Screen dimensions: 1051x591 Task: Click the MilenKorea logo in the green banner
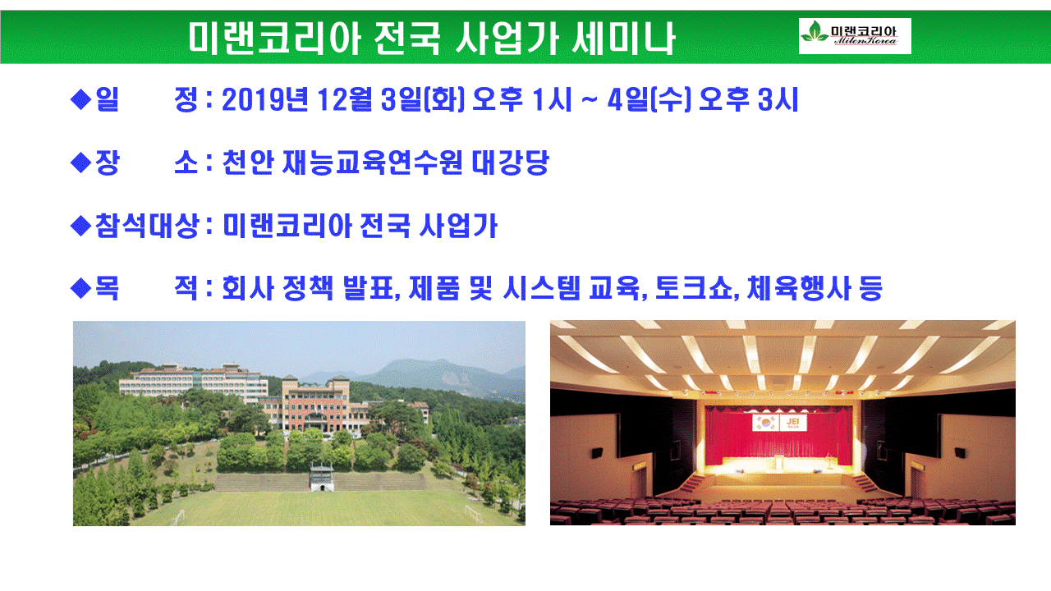[x=855, y=36]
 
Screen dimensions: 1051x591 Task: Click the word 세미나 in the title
[x=623, y=39]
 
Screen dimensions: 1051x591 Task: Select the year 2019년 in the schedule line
[x=264, y=99]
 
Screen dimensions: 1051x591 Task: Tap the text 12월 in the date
[x=345, y=99]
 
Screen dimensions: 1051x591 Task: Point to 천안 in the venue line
[x=248, y=163]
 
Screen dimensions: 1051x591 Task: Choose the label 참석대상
[x=147, y=226]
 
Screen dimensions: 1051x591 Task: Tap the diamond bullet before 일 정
[x=80, y=99]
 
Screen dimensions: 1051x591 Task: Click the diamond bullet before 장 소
[x=80, y=163]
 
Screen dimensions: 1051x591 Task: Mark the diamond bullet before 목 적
[x=80, y=288]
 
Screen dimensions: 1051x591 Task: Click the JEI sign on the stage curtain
[x=793, y=423]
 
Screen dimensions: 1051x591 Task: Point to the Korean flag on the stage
[x=766, y=423]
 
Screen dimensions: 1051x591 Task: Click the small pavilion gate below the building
[x=322, y=477]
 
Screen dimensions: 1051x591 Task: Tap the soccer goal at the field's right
[x=474, y=515]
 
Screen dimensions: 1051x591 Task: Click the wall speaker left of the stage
[x=597, y=453]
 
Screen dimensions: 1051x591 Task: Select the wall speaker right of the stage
[x=960, y=453]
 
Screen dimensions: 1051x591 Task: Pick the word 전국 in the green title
[x=407, y=39]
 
